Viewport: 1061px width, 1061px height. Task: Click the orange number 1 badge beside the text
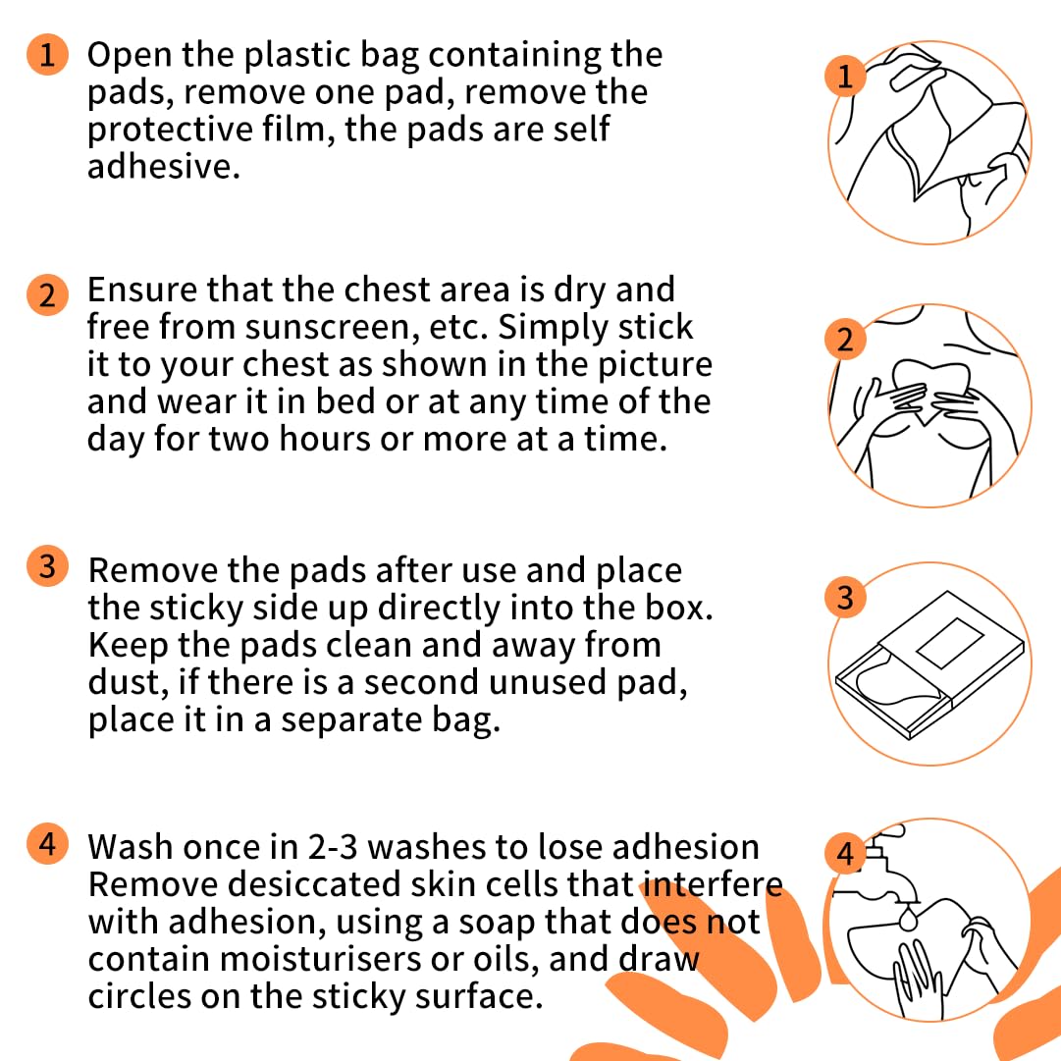(x=47, y=54)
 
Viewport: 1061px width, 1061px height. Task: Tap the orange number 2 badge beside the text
(x=47, y=295)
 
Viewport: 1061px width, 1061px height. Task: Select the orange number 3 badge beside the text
(x=47, y=565)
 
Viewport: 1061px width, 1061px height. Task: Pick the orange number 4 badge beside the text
(x=47, y=844)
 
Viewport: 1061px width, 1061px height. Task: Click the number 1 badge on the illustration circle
(x=845, y=76)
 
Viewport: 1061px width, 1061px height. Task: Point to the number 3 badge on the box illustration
(x=845, y=598)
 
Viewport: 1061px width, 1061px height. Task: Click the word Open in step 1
(x=130, y=56)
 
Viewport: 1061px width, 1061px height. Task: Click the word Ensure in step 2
(x=142, y=290)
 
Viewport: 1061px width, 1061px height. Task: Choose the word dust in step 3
(x=124, y=682)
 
